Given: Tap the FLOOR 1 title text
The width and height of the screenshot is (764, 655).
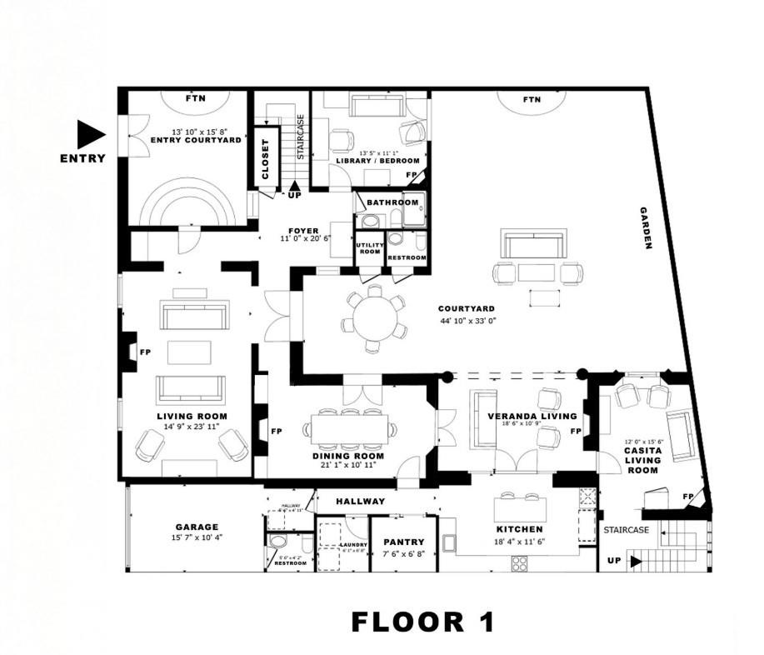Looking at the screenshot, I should click(422, 621).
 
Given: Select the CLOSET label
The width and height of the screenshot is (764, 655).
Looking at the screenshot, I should click(266, 159).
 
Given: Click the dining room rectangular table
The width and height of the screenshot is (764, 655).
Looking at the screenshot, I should click(351, 429).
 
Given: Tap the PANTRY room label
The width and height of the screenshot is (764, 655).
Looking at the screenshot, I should click(404, 542).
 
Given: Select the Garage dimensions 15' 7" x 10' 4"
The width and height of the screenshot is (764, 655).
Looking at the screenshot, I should click(197, 537).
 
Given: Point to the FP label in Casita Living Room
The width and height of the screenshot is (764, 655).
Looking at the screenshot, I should click(688, 497).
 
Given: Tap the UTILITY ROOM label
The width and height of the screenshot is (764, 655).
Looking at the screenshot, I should click(368, 247).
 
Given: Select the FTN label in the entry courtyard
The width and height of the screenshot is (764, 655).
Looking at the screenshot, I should click(196, 98).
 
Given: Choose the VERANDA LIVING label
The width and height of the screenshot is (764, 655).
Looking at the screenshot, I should click(532, 416).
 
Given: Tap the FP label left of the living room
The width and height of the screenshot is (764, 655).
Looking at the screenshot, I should click(145, 352).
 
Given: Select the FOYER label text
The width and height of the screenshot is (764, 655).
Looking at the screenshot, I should click(304, 230).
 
